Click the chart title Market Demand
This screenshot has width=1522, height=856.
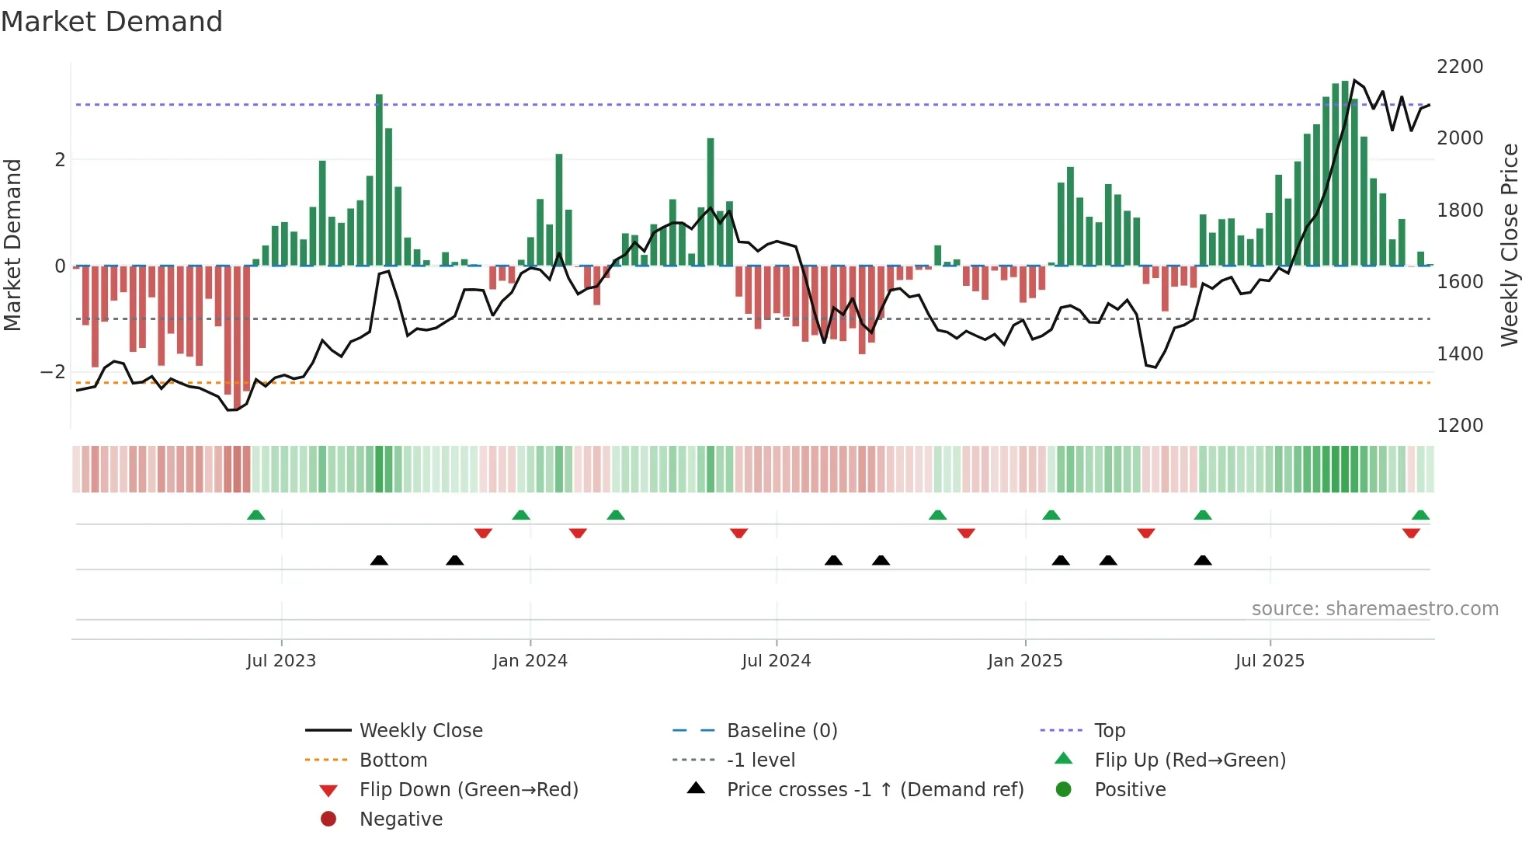tap(112, 22)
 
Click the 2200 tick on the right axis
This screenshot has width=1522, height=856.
tap(1460, 67)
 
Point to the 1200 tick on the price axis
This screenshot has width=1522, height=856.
tap(1460, 426)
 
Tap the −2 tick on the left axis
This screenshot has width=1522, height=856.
tap(53, 372)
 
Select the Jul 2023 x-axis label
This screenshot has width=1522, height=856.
tap(281, 661)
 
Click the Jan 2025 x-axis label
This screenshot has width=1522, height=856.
tap(1025, 661)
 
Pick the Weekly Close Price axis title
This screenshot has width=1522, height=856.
tap(1509, 245)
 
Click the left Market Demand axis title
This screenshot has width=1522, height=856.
tap(12, 245)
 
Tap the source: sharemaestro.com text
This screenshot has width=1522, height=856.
tap(1374, 609)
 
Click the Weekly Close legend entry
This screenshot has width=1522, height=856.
tap(420, 731)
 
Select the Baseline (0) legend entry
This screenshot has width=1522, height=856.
tap(781, 731)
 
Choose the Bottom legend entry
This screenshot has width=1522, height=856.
tap(393, 760)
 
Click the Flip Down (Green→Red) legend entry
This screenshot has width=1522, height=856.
tap(468, 790)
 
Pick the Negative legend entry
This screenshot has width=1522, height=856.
tap(401, 819)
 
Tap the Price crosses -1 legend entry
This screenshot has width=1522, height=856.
tap(874, 790)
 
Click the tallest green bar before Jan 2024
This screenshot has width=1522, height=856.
tap(379, 179)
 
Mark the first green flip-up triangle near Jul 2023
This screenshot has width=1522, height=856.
tap(255, 515)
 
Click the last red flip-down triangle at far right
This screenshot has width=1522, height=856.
tap(1411, 533)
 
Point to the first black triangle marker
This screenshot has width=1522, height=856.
tap(379, 560)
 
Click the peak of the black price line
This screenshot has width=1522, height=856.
tap(1354, 80)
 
